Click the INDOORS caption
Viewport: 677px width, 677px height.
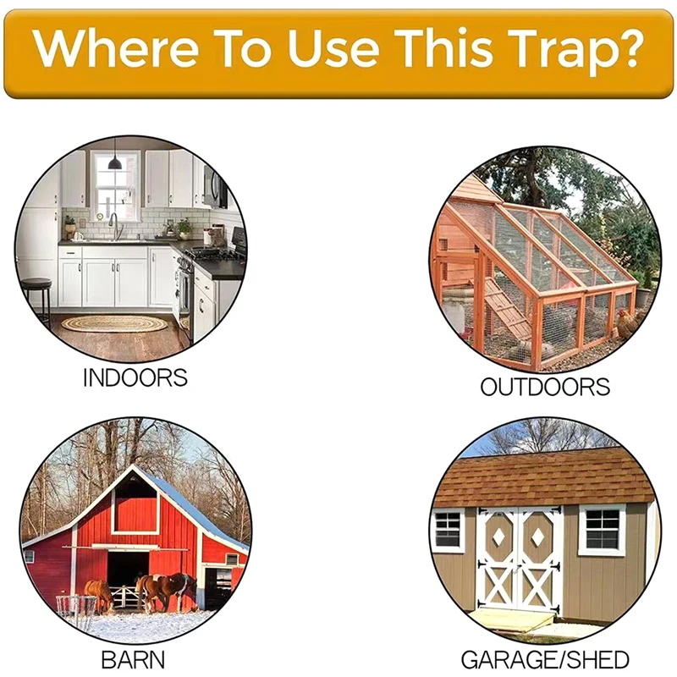[135, 377]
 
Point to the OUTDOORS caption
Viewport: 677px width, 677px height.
[545, 388]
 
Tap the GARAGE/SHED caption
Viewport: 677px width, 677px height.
[545, 660]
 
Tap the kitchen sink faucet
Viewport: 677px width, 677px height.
[113, 224]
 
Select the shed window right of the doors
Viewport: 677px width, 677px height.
[601, 530]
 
